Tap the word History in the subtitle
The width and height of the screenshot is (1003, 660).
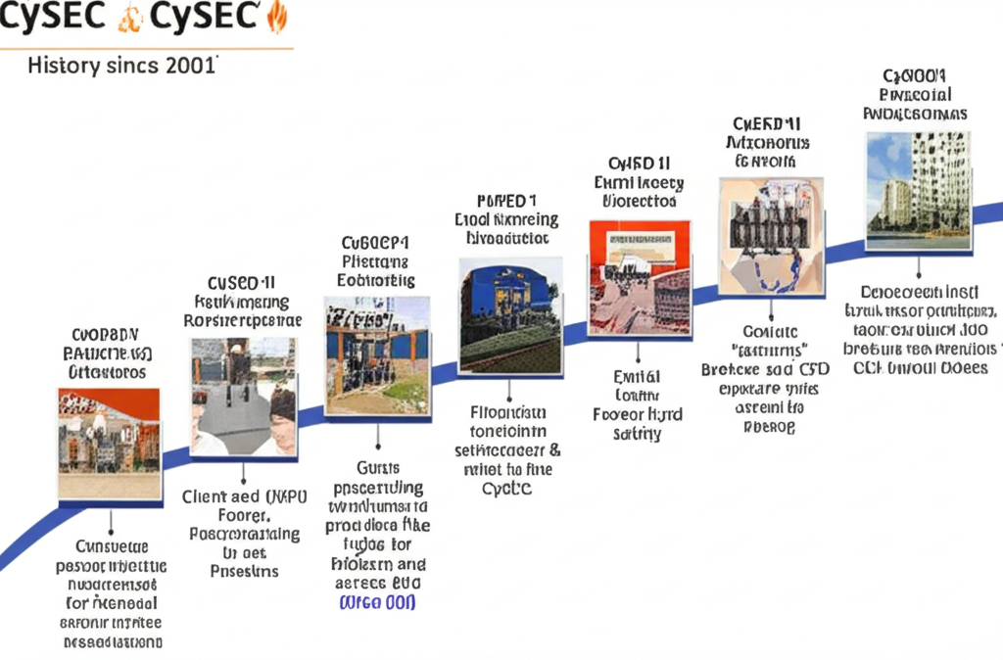point(64,67)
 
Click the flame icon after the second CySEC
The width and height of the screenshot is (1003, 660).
point(277,17)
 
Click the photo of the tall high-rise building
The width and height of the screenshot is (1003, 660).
point(918,192)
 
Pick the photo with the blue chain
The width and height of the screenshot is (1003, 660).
point(771,236)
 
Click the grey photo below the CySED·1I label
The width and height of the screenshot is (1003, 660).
point(244,397)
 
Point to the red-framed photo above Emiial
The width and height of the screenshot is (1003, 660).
point(640,278)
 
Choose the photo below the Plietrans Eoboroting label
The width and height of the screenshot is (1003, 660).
point(377,355)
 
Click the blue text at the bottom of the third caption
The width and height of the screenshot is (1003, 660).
point(377,602)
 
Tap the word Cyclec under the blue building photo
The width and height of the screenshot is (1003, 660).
point(506,489)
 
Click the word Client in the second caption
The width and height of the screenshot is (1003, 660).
point(206,496)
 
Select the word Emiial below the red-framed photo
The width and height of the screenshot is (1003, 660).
point(638,376)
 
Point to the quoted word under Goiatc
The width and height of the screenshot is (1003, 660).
point(769,350)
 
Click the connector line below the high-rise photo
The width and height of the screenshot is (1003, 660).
point(918,267)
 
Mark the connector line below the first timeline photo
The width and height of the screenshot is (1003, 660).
point(110,521)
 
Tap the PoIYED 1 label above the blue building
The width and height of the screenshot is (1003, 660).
point(505,200)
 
